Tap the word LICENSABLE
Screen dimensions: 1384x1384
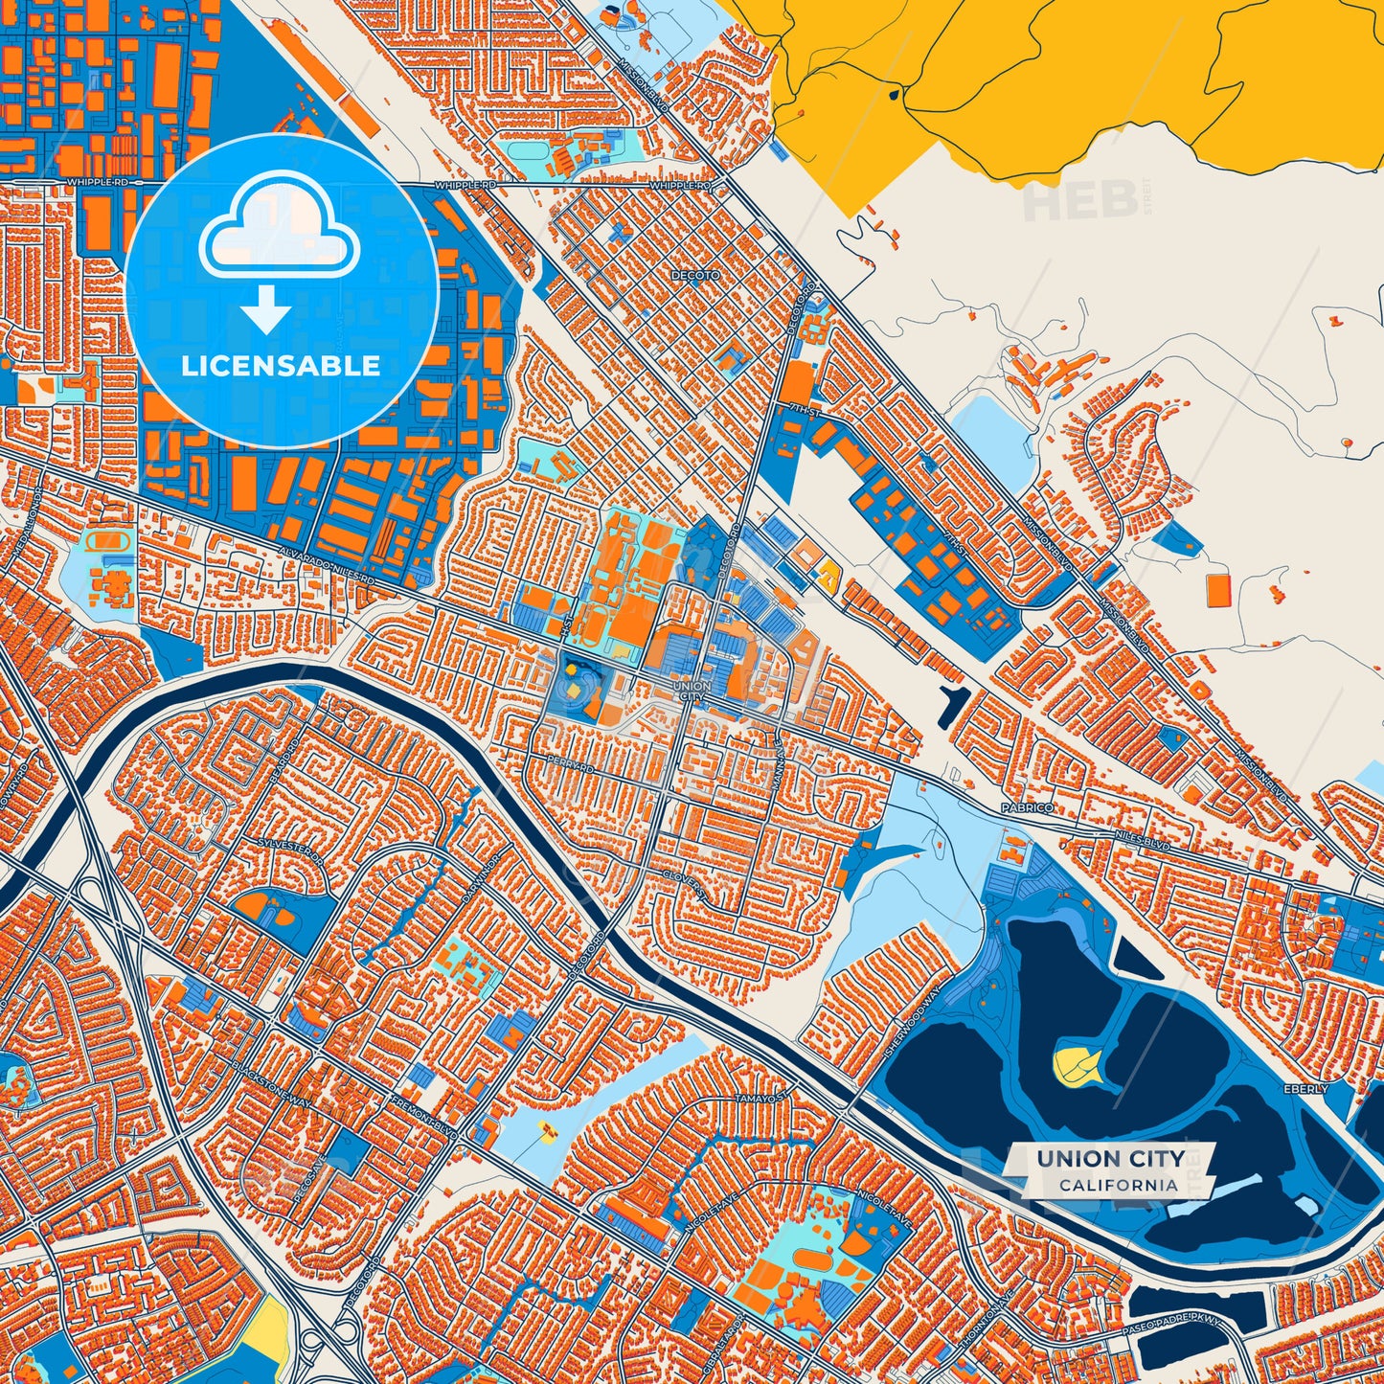[x=282, y=366]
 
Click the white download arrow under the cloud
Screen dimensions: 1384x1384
[x=266, y=310]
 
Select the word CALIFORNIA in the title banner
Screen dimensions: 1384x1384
[x=1118, y=1185]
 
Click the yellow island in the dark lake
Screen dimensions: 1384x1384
[x=1078, y=1062]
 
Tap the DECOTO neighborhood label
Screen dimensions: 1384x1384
[x=695, y=276]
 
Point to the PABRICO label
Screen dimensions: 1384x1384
[x=1027, y=807]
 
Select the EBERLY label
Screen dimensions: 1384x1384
[x=1305, y=1089]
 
